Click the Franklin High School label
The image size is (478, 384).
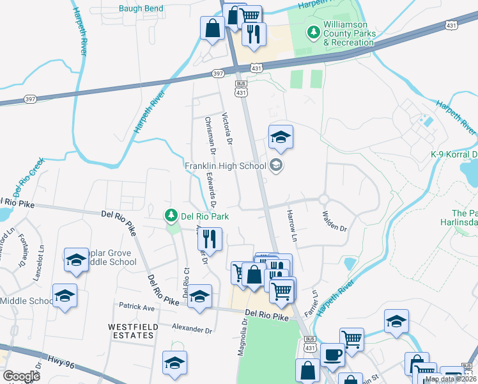click(x=225, y=166)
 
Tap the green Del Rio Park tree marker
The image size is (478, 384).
click(x=171, y=215)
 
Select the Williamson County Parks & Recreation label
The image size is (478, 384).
click(x=348, y=36)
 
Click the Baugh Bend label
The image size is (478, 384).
click(x=141, y=9)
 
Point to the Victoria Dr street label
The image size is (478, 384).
click(x=225, y=128)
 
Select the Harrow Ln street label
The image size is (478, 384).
click(x=292, y=225)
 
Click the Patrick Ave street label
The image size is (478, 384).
click(x=136, y=308)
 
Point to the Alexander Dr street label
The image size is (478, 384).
click(x=192, y=329)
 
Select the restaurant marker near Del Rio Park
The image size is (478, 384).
click(x=210, y=239)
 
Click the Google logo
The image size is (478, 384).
click(x=21, y=376)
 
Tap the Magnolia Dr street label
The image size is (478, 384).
click(x=243, y=337)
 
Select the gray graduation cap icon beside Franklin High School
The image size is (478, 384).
click(x=276, y=166)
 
